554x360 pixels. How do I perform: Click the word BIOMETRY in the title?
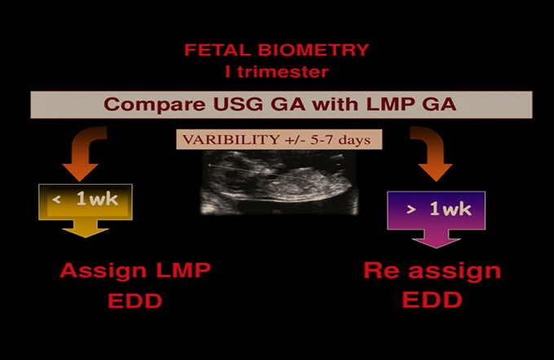[314, 50]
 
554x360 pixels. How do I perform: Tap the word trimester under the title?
[283, 72]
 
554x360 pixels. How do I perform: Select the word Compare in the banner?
[155, 104]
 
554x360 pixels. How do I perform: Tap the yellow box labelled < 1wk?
[86, 202]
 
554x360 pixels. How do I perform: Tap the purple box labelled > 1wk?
[437, 210]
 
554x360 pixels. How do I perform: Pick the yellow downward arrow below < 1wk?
[86, 229]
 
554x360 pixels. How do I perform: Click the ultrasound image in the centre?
[279, 182]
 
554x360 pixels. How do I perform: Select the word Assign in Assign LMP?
[103, 271]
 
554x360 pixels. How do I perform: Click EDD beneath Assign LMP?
[135, 301]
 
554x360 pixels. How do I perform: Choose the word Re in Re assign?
[381, 270]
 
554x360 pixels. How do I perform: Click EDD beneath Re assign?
[433, 300]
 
